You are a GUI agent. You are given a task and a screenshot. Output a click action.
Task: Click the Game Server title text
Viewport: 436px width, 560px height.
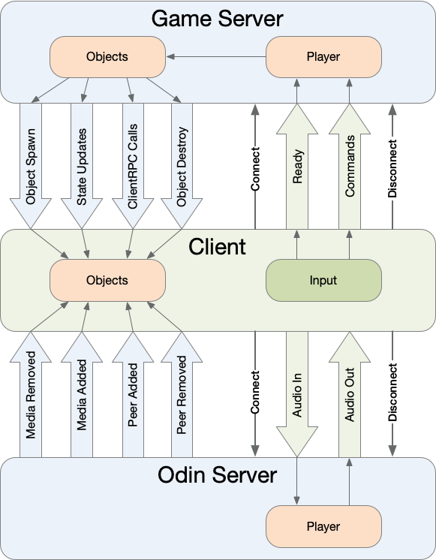(217, 19)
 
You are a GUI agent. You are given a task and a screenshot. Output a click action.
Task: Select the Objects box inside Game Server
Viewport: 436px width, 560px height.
(107, 57)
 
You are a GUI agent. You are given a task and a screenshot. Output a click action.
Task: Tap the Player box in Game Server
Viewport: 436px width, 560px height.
(323, 57)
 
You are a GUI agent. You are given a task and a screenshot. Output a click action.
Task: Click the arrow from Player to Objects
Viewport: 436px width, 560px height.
(216, 56)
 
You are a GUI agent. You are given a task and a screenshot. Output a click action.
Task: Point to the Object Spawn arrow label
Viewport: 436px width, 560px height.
(31, 167)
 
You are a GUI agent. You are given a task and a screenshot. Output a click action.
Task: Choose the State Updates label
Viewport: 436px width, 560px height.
(82, 167)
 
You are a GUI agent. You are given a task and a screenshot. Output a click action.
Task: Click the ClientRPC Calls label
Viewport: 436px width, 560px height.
(133, 166)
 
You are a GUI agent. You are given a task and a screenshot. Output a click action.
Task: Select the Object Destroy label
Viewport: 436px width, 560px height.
(182, 167)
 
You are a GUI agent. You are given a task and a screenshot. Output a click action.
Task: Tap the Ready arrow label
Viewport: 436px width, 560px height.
(297, 167)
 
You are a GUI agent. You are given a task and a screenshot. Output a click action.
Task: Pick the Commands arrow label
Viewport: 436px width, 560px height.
(350, 166)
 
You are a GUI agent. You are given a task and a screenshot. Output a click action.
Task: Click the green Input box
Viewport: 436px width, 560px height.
(323, 280)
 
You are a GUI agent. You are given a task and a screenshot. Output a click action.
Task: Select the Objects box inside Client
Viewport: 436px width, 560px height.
(107, 280)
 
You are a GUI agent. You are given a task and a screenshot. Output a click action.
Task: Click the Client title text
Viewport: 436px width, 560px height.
(217, 246)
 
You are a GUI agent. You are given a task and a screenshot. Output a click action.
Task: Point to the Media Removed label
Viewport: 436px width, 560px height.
(31, 395)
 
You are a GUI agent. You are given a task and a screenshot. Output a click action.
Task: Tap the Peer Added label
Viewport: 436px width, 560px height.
(133, 395)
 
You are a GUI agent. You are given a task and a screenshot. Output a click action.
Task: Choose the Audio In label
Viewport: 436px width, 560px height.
(297, 395)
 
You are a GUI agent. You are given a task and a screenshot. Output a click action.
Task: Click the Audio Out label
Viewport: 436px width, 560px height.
(350, 395)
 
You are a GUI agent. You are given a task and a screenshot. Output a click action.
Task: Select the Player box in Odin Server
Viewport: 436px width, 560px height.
(323, 526)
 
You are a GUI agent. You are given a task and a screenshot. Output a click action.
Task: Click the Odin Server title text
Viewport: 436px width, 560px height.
(217, 475)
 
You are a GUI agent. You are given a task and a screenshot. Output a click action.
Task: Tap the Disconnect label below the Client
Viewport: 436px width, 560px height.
(392, 392)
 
